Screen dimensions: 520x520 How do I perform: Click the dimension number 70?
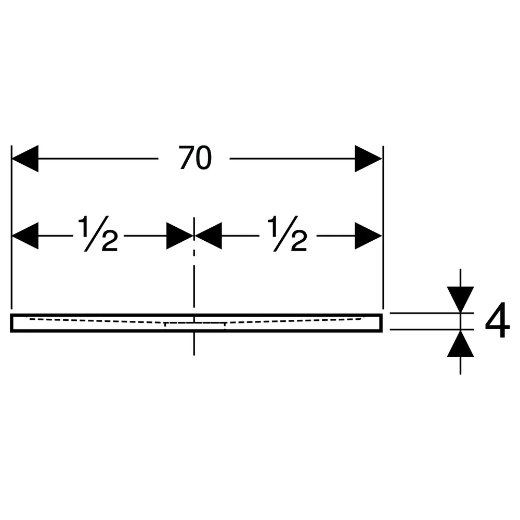coord(195,158)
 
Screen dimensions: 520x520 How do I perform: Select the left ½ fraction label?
coord(98,233)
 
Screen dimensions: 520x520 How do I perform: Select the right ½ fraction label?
coord(288,233)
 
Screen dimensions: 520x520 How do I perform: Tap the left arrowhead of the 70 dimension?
coord(25,159)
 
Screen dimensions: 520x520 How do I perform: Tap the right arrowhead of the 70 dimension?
coord(369,159)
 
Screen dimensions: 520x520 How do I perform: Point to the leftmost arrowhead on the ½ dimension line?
coord(25,236)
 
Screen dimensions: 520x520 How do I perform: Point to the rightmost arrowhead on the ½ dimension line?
coord(369,236)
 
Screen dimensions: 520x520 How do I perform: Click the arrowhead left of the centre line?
coord(180,236)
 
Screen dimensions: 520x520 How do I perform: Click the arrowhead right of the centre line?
coord(209,236)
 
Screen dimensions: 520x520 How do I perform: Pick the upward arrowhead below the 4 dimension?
coord(460,344)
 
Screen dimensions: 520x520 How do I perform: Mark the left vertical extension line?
coord(11,227)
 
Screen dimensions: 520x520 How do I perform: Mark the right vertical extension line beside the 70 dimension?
coord(383,227)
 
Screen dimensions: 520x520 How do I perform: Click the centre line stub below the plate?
coord(194,344)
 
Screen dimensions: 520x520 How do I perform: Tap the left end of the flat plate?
coord(11,323)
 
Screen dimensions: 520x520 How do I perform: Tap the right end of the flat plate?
coord(381,323)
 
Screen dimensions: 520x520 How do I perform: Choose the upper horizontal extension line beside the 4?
coord(432,313)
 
